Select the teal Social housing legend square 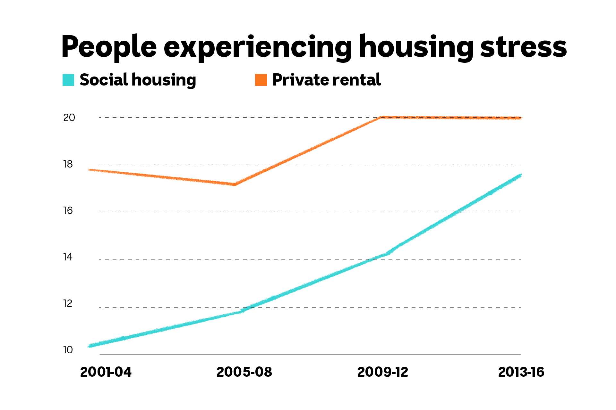[x=68, y=80]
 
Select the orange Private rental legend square [x=261, y=80]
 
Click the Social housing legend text [x=138, y=80]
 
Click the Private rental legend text [x=326, y=80]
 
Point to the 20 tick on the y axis [x=69, y=118]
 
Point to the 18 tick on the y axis [x=68, y=164]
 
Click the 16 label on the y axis [x=68, y=211]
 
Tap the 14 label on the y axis [x=68, y=257]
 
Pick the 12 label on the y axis [x=68, y=303]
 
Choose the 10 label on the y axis [x=68, y=350]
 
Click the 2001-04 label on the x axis [x=106, y=372]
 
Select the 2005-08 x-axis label [x=244, y=372]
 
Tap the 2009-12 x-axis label [x=382, y=372]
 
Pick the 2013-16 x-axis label [x=521, y=372]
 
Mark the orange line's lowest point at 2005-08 [x=235, y=184]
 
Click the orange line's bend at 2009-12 [x=381, y=118]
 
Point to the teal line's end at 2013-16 [x=520, y=175]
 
